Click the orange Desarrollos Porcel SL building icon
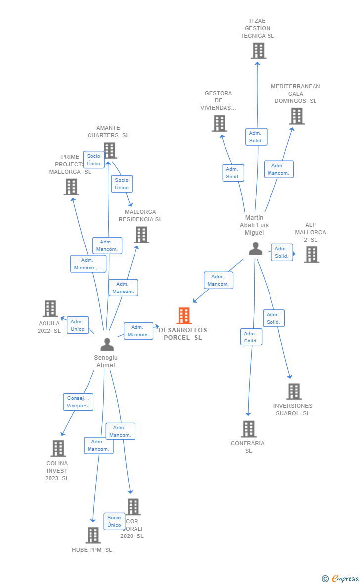click(x=184, y=315)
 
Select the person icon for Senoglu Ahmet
click(x=107, y=344)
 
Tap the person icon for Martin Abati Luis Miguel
click(x=256, y=248)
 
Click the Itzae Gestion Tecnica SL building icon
click(x=258, y=50)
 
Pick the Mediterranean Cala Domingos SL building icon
click(x=296, y=116)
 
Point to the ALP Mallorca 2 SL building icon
click(x=312, y=254)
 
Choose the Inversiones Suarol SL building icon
click(x=294, y=391)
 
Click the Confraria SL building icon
click(x=249, y=429)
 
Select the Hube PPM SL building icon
click(x=93, y=535)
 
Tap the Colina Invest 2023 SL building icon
click(x=58, y=448)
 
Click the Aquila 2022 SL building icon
click(x=50, y=308)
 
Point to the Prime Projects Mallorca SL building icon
click(x=71, y=187)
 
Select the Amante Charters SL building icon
click(x=110, y=150)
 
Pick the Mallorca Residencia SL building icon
click(x=141, y=235)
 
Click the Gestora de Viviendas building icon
click(x=220, y=123)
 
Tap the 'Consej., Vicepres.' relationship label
click(x=78, y=402)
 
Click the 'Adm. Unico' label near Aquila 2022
click(x=78, y=325)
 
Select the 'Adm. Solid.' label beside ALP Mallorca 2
click(x=281, y=252)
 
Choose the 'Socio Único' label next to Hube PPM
click(x=114, y=521)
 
